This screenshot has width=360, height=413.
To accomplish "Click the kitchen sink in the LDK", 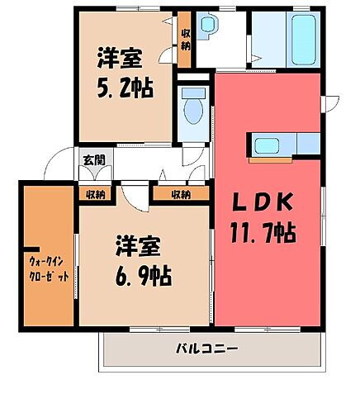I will click(267, 147).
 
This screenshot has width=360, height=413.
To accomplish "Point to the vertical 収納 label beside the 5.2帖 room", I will click(185, 39).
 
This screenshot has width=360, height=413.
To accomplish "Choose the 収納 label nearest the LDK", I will click(182, 195).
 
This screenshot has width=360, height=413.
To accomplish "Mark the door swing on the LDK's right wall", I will click(331, 102).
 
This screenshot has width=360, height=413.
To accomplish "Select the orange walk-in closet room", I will click(47, 256).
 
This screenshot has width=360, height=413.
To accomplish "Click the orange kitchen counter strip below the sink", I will click(285, 159).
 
